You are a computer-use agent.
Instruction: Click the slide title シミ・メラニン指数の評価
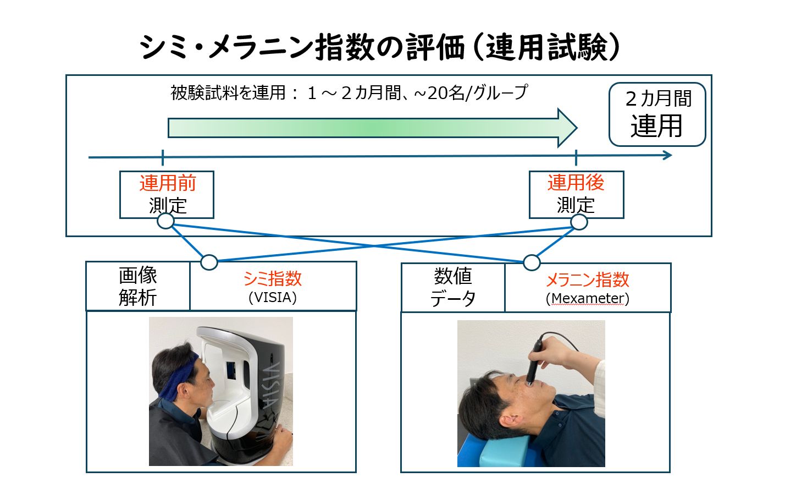[302, 47]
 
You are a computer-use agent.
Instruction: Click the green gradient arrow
[373, 128]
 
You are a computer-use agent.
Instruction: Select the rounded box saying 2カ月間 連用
[657, 114]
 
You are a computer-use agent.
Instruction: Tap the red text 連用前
[168, 183]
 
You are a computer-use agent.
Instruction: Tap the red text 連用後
[576, 183]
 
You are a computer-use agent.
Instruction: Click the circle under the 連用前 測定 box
[165, 221]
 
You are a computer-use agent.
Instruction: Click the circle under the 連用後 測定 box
[579, 222]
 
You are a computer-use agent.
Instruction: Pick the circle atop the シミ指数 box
[209, 262]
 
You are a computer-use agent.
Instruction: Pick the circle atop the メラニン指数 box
[532, 262]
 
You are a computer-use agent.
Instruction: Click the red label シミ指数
[273, 279]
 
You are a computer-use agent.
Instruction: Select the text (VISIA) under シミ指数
[273, 298]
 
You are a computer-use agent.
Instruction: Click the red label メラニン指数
[588, 280]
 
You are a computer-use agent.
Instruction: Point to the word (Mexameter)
[588, 299]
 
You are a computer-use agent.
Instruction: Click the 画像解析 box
[138, 286]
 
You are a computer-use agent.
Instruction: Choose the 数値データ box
[453, 288]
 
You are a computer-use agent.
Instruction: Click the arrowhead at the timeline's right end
[667, 155]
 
